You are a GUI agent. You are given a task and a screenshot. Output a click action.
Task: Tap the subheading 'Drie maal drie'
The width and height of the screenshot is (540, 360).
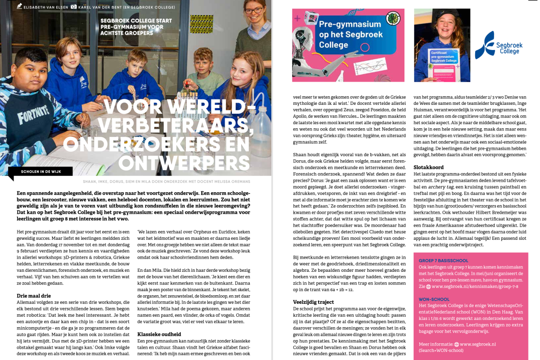coord(34,296)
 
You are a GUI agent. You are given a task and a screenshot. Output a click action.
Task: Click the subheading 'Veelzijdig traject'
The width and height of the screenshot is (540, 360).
coord(313,302)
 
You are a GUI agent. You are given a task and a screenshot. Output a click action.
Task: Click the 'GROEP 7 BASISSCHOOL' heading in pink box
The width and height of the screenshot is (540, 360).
coord(443,261)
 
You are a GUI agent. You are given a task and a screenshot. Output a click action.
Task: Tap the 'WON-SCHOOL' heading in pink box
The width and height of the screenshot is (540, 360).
coord(434,299)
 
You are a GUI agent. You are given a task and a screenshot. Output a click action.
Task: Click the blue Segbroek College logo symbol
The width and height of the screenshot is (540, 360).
coord(484,45)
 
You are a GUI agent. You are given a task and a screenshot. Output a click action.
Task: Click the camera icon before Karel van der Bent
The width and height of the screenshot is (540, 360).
coord(74,7)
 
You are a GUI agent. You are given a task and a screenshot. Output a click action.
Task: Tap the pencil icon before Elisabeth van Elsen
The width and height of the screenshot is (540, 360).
coord(19,6)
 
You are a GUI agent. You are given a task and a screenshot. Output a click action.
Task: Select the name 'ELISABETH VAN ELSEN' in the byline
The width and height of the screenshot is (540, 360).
coord(43,7)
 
